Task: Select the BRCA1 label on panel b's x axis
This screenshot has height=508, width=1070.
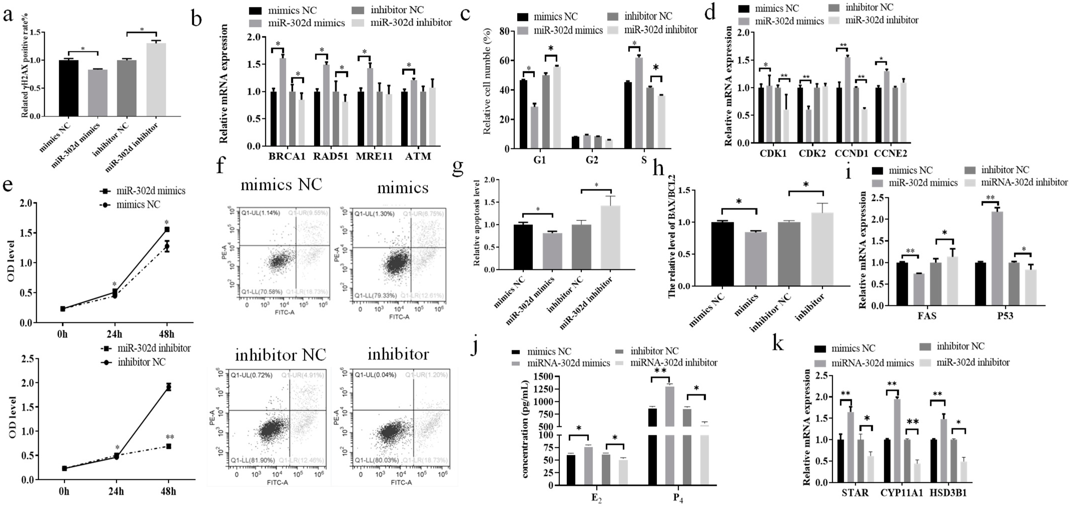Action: pyautogui.click(x=287, y=156)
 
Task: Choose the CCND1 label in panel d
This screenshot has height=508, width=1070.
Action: pyautogui.click(x=851, y=154)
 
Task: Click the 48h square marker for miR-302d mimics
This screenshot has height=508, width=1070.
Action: pyautogui.click(x=167, y=229)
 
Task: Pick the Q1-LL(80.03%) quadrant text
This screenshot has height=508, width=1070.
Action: pyautogui.click(x=377, y=460)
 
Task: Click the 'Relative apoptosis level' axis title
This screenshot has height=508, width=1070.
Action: pyautogui.click(x=476, y=222)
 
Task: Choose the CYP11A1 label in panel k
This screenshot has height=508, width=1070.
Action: pyautogui.click(x=901, y=493)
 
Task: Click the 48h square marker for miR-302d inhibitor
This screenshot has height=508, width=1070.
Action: pyautogui.click(x=169, y=446)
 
